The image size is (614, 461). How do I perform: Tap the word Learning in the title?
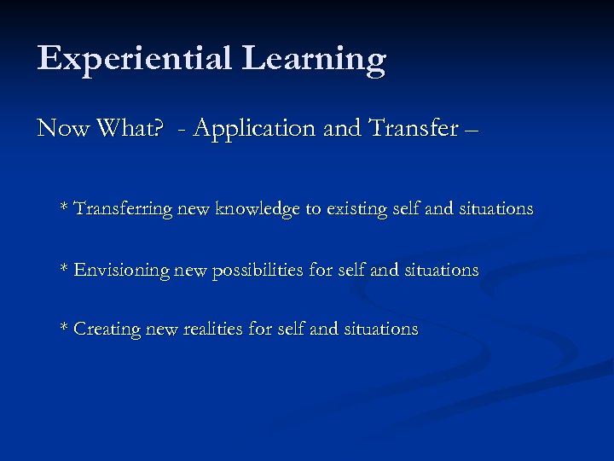tap(314, 60)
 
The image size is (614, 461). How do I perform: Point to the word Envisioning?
tap(122, 270)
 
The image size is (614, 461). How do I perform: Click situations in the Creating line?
tap(380, 329)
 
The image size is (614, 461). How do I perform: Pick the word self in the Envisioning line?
tap(349, 270)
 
